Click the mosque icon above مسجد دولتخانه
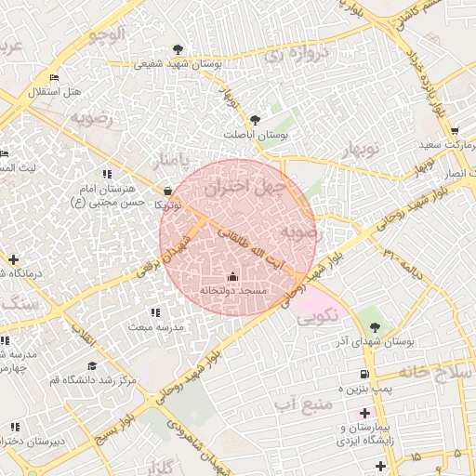click(x=232, y=276)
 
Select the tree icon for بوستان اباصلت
click(x=255, y=119)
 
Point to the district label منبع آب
click(x=304, y=403)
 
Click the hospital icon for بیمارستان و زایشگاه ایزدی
click(x=364, y=412)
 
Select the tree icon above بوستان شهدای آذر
click(x=375, y=326)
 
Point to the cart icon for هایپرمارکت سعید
click(x=454, y=131)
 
